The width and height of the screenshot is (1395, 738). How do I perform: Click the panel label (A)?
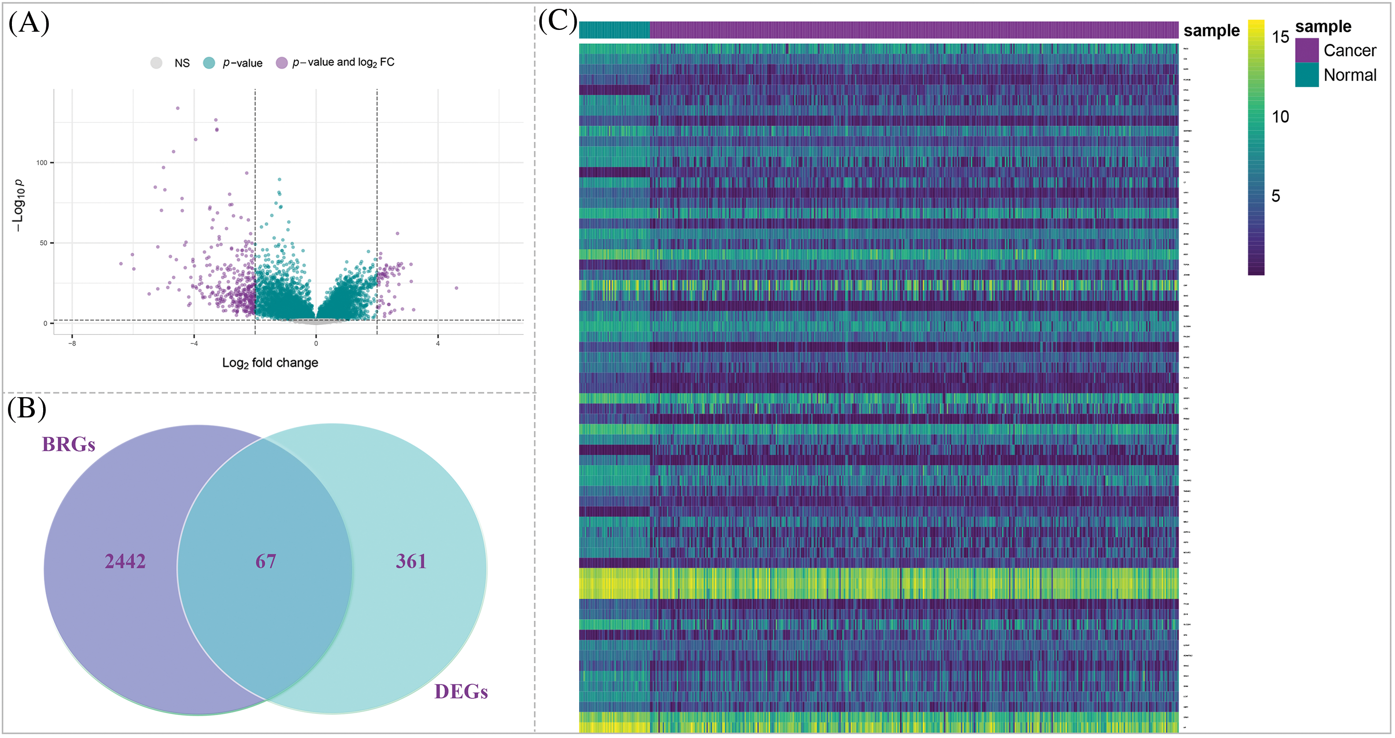click(x=29, y=24)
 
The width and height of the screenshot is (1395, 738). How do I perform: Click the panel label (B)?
click(x=27, y=409)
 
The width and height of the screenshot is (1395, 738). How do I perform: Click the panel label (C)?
click(x=558, y=22)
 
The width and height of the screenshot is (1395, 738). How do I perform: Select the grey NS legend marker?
click(x=156, y=63)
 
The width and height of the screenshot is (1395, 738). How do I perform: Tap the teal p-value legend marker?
click(x=209, y=63)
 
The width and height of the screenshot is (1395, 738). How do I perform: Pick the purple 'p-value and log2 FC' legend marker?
click(x=281, y=63)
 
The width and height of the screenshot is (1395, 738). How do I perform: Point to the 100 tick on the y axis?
click(x=42, y=162)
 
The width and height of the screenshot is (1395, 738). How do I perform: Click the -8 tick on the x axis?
click(x=72, y=343)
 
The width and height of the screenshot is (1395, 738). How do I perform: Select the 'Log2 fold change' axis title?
click(x=270, y=363)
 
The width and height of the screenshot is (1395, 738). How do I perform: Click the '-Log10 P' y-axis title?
click(x=19, y=206)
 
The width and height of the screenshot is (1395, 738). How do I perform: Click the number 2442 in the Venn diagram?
click(x=125, y=561)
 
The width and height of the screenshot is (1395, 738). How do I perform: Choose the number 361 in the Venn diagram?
click(x=411, y=561)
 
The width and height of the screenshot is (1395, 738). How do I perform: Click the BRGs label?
click(x=69, y=445)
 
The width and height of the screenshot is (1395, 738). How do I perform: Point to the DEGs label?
click(x=461, y=691)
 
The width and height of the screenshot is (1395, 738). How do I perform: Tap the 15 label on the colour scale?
click(x=1280, y=37)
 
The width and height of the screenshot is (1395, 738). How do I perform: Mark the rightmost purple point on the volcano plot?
click(x=456, y=288)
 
